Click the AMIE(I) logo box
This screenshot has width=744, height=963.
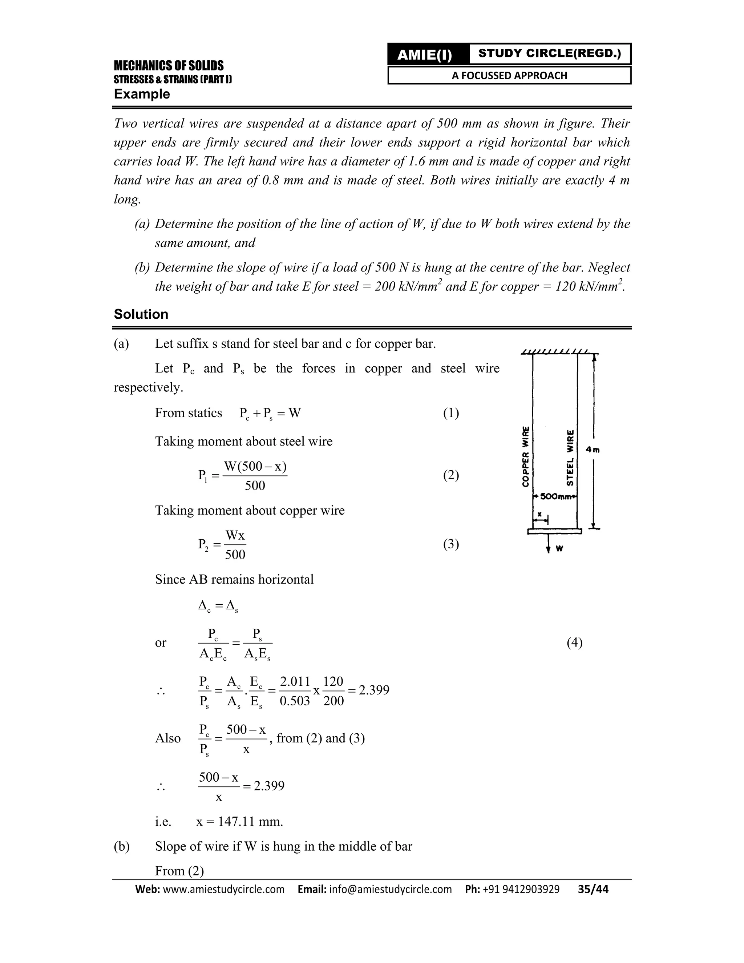[425, 55]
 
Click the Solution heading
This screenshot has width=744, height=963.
[141, 314]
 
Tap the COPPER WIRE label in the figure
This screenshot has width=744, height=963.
[525, 456]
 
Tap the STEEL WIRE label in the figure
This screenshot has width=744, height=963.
[570, 458]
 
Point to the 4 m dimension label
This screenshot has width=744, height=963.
[593, 450]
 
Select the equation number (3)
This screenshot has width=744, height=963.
[451, 544]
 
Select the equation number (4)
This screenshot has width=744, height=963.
[574, 642]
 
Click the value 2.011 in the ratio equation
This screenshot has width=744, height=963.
[295, 682]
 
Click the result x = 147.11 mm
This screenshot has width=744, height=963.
[239, 822]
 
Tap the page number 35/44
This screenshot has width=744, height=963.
[593, 889]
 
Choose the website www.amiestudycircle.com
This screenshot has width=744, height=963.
[223, 889]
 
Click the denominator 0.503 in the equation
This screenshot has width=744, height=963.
[295, 701]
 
